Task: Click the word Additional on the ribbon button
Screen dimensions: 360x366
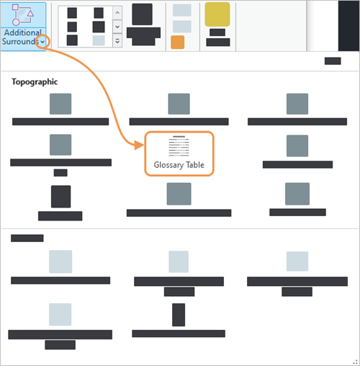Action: (x=23, y=32)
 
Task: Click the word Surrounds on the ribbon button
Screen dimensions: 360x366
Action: (x=20, y=41)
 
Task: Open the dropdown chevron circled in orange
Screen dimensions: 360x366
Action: (x=42, y=42)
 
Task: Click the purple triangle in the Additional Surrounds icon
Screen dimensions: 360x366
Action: (x=30, y=13)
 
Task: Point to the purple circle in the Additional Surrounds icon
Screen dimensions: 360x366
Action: (x=16, y=22)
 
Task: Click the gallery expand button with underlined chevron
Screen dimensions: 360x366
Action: (x=117, y=41)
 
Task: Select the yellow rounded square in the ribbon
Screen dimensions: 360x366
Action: (x=217, y=14)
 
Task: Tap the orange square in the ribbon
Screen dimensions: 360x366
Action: (x=178, y=43)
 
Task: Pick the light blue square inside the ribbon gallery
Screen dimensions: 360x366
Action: (x=99, y=40)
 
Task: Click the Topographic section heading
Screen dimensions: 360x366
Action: (x=35, y=81)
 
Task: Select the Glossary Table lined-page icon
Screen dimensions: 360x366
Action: (x=179, y=146)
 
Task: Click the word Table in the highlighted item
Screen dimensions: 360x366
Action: (x=195, y=165)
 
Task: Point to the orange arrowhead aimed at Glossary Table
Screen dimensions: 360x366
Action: (x=139, y=145)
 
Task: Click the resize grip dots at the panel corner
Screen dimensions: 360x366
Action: (x=355, y=362)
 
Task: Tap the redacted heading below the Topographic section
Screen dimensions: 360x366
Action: (x=27, y=238)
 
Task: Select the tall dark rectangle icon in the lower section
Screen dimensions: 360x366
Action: (x=179, y=315)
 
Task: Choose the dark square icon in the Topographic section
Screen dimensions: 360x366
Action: (x=60, y=197)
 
